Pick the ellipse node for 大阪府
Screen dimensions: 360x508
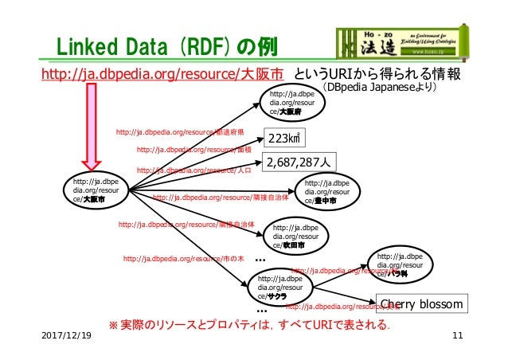coord(294,104)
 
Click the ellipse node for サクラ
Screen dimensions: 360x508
coord(279,287)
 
